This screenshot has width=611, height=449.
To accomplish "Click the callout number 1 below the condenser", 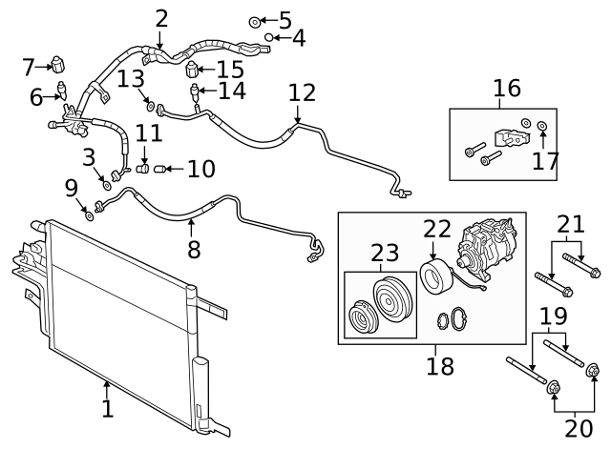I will (107, 409).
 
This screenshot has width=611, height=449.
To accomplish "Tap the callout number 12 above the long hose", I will (302, 93).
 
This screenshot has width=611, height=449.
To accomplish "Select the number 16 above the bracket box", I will (507, 89).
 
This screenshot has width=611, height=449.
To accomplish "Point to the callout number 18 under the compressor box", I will (441, 366).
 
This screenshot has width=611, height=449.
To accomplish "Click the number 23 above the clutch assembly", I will (386, 254).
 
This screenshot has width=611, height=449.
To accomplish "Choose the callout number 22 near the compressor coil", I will (436, 230).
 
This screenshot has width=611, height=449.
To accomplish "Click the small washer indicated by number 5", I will (255, 21).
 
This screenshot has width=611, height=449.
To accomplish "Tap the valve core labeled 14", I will (197, 92).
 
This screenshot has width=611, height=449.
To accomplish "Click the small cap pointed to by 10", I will (159, 170).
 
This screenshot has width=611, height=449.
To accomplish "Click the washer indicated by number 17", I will (542, 126).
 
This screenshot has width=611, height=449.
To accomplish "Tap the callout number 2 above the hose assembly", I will (161, 18).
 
